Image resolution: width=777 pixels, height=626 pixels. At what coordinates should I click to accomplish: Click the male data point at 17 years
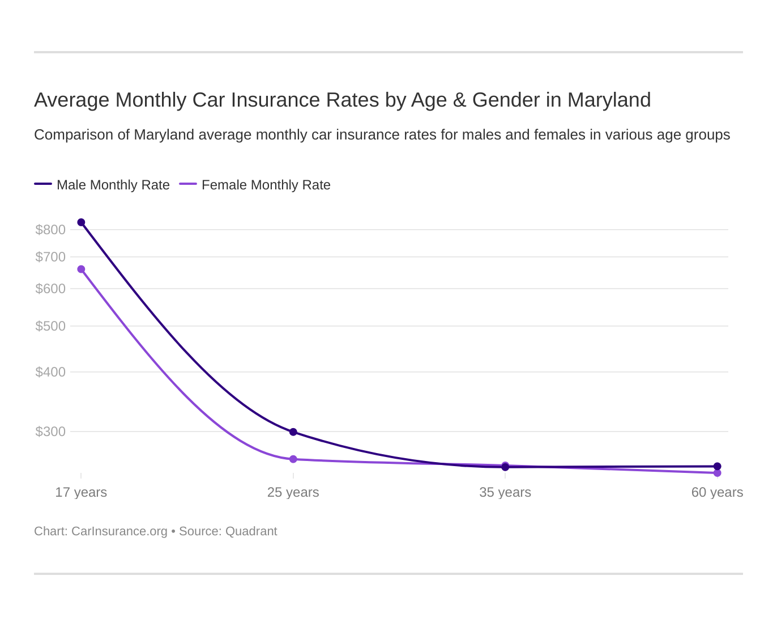pos(81,222)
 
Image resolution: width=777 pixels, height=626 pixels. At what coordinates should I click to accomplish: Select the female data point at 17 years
pos(81,269)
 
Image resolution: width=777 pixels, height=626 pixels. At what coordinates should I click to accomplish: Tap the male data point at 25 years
pos(293,432)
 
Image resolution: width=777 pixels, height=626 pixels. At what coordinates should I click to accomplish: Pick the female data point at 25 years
pos(293,459)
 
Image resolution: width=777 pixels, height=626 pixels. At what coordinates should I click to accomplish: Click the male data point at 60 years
pos(717,467)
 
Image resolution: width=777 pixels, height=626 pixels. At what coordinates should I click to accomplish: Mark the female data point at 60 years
pos(717,473)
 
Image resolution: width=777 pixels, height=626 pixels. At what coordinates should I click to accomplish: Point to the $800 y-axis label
pos(50,230)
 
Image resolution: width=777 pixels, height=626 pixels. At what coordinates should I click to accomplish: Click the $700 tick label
pos(50,257)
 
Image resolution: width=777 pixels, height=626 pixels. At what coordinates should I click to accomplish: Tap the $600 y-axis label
pos(50,289)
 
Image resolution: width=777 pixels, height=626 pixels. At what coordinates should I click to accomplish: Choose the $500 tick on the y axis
pos(50,326)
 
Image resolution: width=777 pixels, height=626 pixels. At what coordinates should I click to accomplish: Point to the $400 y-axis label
pos(50,372)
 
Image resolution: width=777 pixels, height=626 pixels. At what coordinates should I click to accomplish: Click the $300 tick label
pos(50,432)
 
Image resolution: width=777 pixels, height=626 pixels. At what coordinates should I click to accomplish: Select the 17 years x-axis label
pos(81,492)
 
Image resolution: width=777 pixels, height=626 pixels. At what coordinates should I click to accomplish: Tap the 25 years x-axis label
pos(293,492)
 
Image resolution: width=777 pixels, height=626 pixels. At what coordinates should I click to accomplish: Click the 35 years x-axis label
pos(505,492)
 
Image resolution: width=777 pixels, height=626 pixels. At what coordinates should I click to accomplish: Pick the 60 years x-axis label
pos(717,492)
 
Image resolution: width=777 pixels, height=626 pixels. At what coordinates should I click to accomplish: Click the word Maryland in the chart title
pos(609,100)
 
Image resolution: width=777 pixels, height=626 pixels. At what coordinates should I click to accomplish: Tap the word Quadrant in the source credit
pos(251,531)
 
